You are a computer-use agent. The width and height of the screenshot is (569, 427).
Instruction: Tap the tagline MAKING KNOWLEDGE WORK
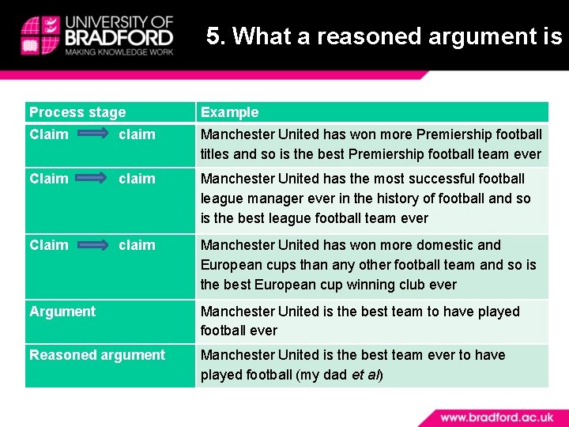[119, 52]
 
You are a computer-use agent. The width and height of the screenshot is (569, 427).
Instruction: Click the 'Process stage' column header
[77, 112]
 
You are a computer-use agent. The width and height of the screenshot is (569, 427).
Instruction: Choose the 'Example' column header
[229, 112]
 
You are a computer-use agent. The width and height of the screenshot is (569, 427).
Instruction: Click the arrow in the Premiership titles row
[93, 134]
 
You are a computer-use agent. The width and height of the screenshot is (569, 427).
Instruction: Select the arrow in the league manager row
[93, 179]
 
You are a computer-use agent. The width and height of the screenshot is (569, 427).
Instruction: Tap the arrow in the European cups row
[93, 245]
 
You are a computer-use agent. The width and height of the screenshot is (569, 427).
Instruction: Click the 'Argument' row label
[62, 312]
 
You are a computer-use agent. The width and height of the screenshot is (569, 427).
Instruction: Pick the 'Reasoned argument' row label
[97, 355]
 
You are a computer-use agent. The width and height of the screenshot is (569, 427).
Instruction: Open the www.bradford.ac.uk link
[497, 416]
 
